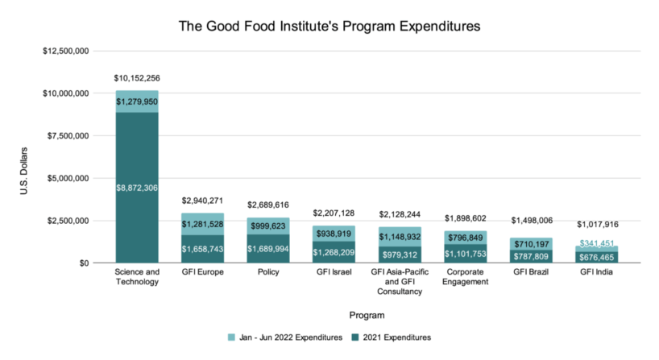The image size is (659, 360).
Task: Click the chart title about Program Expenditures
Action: coord(329,26)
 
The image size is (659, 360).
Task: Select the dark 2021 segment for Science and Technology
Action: coord(136,209)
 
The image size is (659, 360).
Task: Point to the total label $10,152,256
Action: coord(136,78)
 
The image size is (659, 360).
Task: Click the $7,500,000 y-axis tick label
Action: coord(66,136)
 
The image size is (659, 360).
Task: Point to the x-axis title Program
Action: coord(367,315)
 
